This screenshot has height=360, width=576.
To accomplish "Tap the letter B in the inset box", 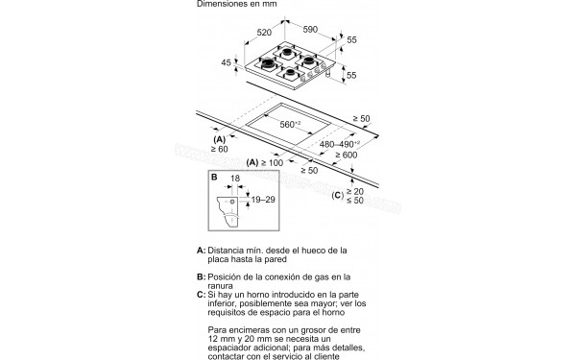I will click(216, 178).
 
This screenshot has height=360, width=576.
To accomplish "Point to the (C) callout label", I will click(338, 196).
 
